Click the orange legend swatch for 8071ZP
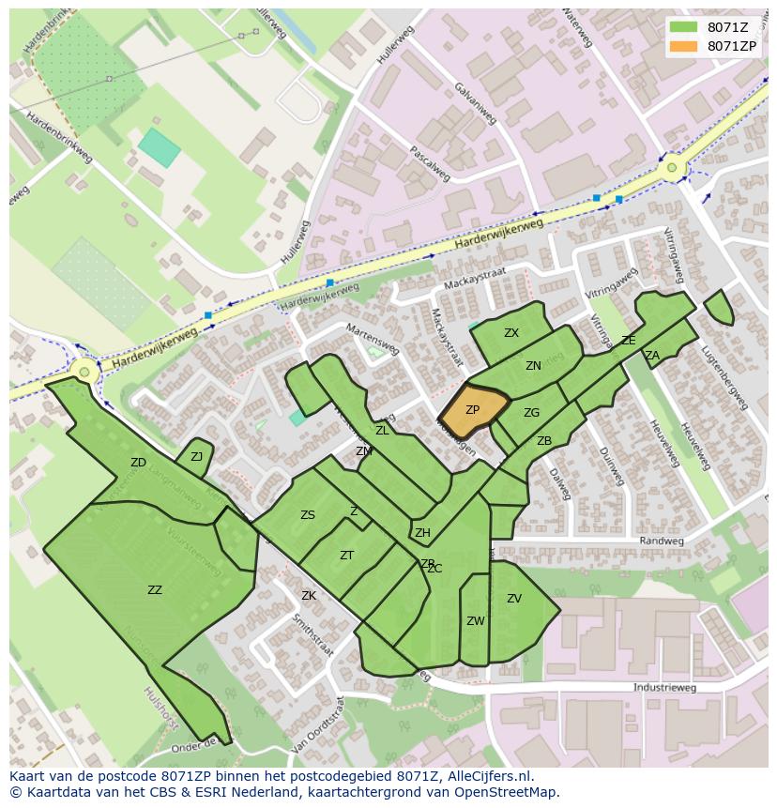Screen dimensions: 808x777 pyautogui.click(x=684, y=46)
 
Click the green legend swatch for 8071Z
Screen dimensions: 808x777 pyautogui.click(x=684, y=27)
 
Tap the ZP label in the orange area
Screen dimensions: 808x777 pyautogui.click(x=472, y=410)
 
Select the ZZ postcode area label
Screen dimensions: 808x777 pyautogui.click(x=155, y=590)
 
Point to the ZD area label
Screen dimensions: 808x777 pyautogui.click(x=138, y=463)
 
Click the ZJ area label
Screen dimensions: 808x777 pyautogui.click(x=196, y=457)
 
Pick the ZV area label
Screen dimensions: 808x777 pyautogui.click(x=514, y=599)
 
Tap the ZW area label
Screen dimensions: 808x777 pyautogui.click(x=476, y=621)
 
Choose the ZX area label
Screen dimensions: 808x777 pyautogui.click(x=511, y=333)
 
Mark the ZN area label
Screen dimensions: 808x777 pyautogui.click(x=533, y=366)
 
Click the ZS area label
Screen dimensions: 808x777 pyautogui.click(x=308, y=515)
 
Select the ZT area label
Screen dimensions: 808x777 pyautogui.click(x=346, y=556)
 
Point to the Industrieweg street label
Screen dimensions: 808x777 pyautogui.click(x=664, y=688)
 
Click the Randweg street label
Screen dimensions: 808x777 pyautogui.click(x=656, y=541)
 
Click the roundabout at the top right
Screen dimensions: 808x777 pyautogui.click(x=672, y=170)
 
